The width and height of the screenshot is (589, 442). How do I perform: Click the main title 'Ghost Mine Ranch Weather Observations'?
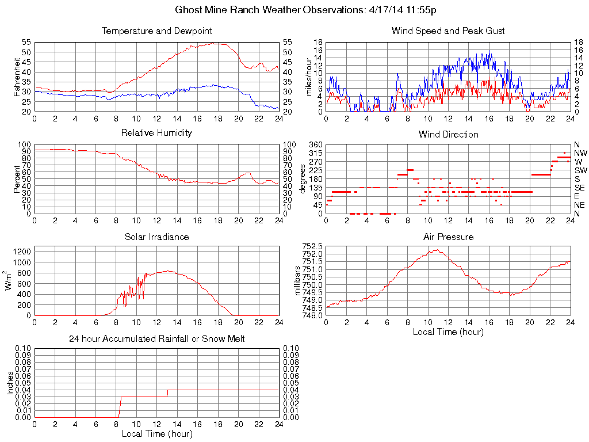(309, 10)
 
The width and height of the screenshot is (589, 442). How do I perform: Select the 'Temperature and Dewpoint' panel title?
(156, 31)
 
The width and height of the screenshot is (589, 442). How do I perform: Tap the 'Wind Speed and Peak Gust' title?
(448, 31)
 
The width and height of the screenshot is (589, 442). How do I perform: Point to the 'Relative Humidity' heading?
(156, 133)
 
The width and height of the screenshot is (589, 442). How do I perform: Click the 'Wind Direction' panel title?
(448, 134)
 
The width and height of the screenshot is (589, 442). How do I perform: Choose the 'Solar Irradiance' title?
(156, 237)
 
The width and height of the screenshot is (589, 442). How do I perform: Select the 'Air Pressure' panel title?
(448, 237)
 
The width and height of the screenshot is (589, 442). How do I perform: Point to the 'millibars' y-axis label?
(298, 280)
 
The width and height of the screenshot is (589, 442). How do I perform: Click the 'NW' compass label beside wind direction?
(580, 153)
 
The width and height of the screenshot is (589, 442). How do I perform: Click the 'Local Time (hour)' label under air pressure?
(448, 331)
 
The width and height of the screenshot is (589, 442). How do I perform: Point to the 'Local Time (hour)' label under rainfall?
(156, 433)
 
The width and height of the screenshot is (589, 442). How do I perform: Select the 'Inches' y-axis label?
(10, 383)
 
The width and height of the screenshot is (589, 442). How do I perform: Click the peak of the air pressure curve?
(438, 250)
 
